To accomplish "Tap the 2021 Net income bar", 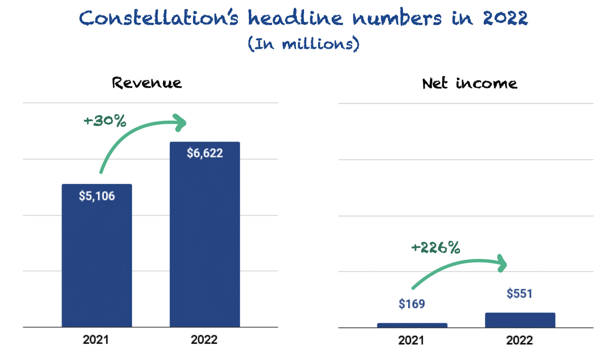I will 412,325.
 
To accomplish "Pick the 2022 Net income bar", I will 520,320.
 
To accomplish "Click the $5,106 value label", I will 97,196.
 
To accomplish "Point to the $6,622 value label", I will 205,154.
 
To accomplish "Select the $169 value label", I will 412,304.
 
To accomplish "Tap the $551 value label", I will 520,294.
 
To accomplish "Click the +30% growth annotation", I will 105,121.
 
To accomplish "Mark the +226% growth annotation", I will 436,248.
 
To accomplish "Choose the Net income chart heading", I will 470,83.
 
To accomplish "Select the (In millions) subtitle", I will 304,45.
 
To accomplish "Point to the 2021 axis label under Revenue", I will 96,340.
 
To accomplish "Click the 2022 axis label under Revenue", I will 204,340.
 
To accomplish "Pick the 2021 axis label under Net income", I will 412,340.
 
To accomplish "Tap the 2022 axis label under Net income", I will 520,340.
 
